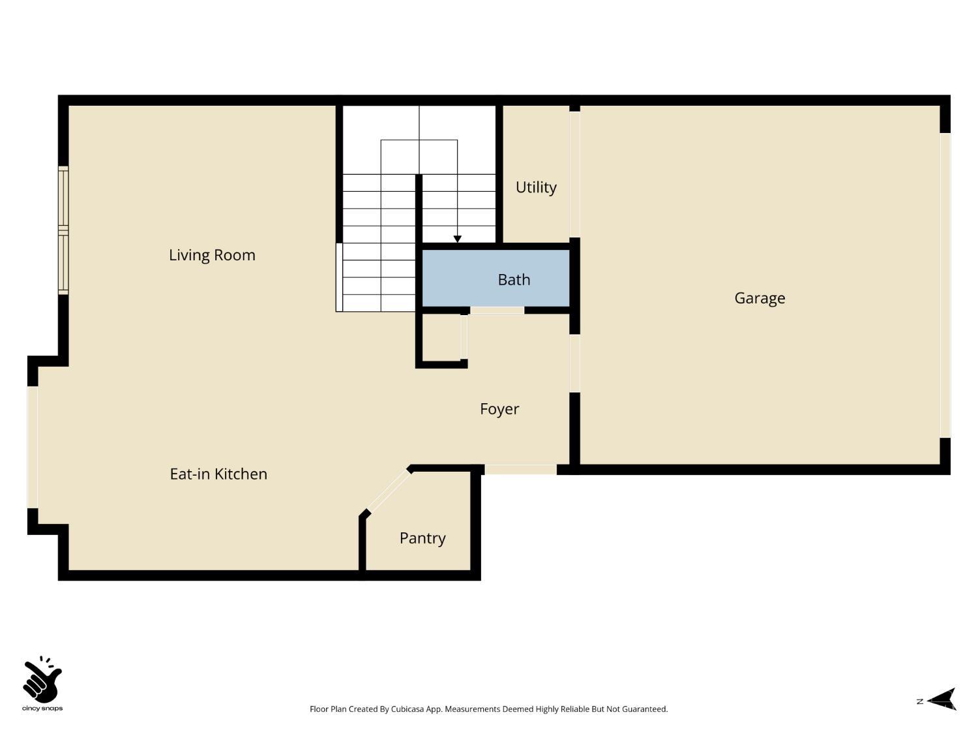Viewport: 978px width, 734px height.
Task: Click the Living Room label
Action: [x=212, y=255]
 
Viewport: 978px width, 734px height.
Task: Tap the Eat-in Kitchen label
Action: [x=218, y=474]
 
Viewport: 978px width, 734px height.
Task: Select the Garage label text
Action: [x=760, y=298]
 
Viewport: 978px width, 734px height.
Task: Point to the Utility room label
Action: [x=536, y=187]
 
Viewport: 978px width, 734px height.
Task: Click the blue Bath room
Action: [x=496, y=279]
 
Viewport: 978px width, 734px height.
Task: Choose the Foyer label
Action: [x=499, y=409]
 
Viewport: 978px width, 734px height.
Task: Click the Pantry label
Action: [x=422, y=538]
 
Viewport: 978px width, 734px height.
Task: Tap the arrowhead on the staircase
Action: [x=458, y=239]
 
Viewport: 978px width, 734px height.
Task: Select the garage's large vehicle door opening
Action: [x=945, y=285]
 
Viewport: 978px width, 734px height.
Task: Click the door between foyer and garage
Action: [x=575, y=363]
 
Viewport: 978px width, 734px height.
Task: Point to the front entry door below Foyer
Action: [x=520, y=469]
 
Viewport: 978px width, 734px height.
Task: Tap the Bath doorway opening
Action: [x=497, y=311]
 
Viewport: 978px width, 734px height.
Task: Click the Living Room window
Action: [x=63, y=230]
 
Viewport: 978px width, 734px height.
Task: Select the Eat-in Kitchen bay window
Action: [x=33, y=447]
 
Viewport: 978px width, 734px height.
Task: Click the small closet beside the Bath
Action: [x=441, y=337]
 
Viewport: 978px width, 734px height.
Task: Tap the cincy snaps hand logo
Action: [x=42, y=680]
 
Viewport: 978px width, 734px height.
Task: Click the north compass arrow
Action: [x=943, y=700]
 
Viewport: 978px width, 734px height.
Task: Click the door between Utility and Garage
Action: [x=575, y=174]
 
